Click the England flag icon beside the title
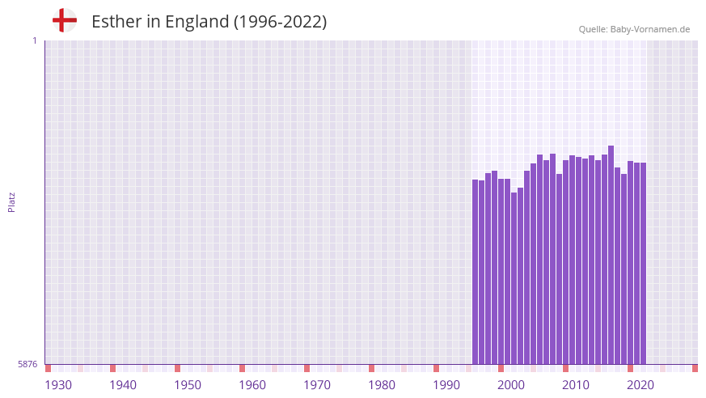[64, 21]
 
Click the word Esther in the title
[116, 22]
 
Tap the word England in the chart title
[197, 22]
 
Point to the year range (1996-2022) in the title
[280, 22]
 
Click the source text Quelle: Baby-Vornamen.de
[634, 29]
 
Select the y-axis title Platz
[11, 202]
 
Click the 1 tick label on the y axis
[34, 40]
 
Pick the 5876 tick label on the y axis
[27, 365]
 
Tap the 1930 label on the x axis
[58, 384]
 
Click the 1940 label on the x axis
[123, 384]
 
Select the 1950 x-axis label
[188, 384]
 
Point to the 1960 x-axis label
[252, 384]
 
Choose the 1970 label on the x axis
[317, 384]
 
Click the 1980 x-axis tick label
[382, 384]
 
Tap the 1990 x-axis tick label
[446, 384]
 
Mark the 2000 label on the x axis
[511, 384]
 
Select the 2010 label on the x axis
[576, 384]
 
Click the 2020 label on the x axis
[640, 384]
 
